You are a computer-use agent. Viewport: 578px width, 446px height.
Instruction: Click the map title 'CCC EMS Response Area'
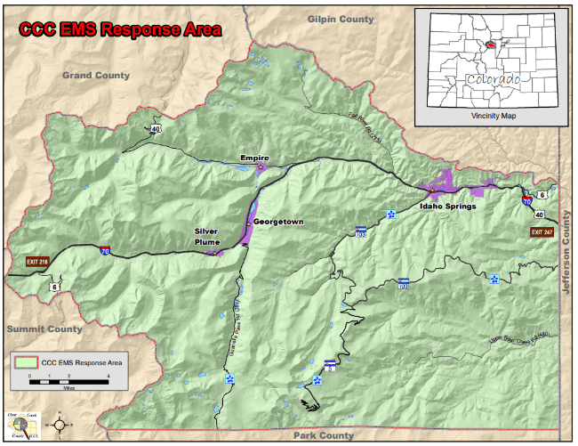click(x=121, y=29)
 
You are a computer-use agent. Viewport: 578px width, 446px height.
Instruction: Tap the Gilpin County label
click(x=341, y=19)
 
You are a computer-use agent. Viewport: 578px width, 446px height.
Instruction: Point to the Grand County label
click(x=96, y=76)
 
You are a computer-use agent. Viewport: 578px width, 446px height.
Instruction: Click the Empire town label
click(x=254, y=158)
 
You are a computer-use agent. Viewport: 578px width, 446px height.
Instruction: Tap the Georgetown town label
click(x=278, y=221)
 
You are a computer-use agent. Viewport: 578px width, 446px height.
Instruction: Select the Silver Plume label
click(x=207, y=235)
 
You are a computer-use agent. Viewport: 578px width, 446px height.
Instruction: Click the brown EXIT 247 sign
click(x=542, y=232)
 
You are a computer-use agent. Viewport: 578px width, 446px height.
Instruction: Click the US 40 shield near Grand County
click(x=156, y=129)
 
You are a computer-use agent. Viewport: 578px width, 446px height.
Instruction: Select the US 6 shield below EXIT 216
click(x=55, y=287)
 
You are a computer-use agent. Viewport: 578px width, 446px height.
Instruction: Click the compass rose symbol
click(x=60, y=424)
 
